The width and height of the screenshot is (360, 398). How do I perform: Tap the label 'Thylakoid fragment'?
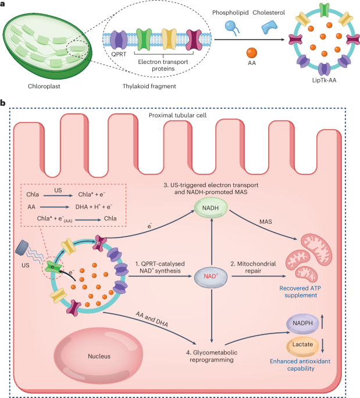(x=149, y=86)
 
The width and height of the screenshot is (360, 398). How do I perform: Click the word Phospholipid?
(x=237, y=12)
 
